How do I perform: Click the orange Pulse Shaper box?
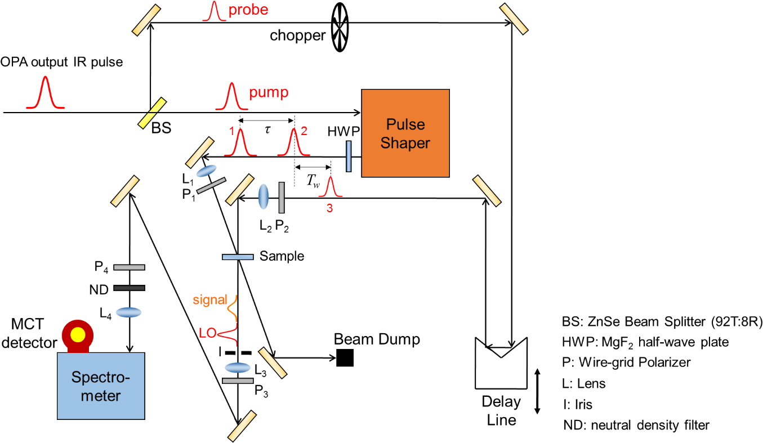point(405,133)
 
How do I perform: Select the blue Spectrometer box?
point(101,386)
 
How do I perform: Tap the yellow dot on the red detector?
point(78,334)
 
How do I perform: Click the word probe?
point(248,10)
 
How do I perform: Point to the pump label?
point(269,92)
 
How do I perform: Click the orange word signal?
point(209,301)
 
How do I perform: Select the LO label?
point(207,333)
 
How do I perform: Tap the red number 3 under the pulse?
point(329,208)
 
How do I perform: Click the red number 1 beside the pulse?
point(231,131)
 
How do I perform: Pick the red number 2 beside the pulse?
point(304,131)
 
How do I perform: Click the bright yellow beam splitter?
point(152,113)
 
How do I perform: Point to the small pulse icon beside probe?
point(213,12)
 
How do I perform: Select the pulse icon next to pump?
point(231,96)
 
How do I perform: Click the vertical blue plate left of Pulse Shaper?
point(349,156)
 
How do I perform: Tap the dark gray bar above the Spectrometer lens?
point(129,288)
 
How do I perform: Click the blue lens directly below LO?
point(238,368)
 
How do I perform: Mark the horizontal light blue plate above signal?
point(238,257)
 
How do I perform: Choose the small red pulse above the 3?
point(330,187)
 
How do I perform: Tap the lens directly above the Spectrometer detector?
point(128,312)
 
